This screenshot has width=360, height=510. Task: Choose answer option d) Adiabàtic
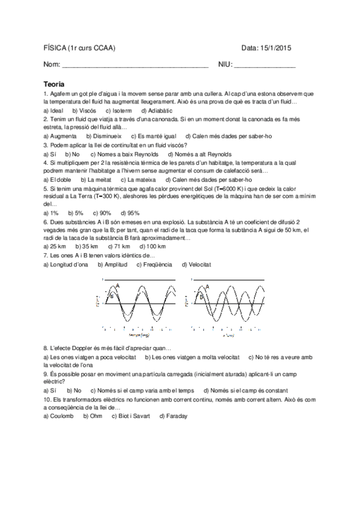point(157,111)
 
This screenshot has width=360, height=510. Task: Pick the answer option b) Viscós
point(84,111)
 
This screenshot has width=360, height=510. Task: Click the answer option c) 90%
point(102,213)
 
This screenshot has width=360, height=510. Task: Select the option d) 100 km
point(153,247)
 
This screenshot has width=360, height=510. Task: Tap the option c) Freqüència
point(154,264)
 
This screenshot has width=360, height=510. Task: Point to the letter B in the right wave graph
point(202,297)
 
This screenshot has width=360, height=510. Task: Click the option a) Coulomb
point(58,416)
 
